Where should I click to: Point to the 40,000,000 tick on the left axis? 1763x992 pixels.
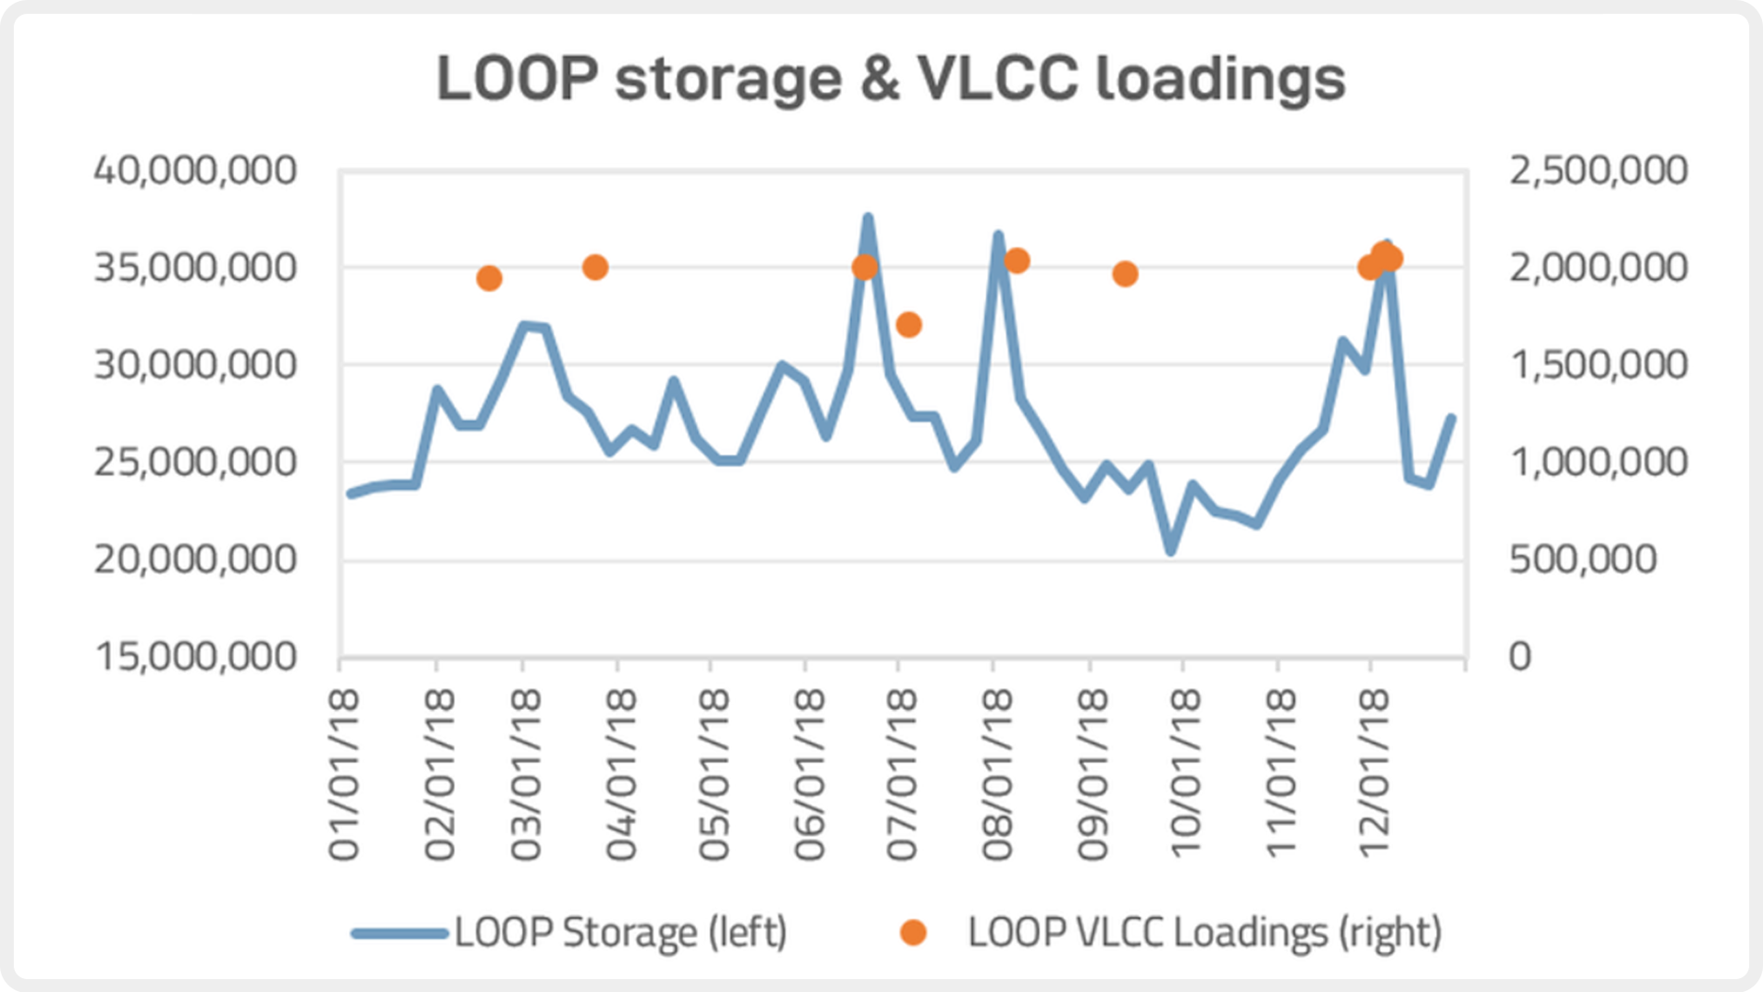click(x=196, y=171)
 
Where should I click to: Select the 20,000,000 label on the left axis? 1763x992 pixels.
click(x=196, y=559)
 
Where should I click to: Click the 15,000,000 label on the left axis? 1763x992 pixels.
click(x=196, y=657)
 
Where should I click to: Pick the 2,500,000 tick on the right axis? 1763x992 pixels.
click(x=1598, y=171)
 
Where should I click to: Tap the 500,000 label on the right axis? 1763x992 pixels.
click(x=1582, y=559)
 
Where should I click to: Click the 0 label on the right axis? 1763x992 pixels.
click(x=1520, y=657)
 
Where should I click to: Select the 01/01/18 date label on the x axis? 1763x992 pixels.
click(x=344, y=776)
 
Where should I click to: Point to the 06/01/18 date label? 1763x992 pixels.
click(x=809, y=776)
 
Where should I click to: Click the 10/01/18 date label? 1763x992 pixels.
click(x=1185, y=776)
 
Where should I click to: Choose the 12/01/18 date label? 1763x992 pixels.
click(x=1374, y=776)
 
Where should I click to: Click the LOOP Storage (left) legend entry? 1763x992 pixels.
click(x=620, y=933)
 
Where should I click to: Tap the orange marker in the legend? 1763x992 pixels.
click(x=913, y=933)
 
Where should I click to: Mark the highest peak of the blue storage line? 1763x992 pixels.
click(x=867, y=219)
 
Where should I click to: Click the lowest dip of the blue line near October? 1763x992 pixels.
click(x=1171, y=551)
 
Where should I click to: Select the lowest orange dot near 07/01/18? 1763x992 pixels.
click(x=908, y=324)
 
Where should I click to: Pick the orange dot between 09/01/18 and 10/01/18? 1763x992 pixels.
click(x=1125, y=274)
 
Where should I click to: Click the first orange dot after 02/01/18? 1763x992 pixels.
click(x=489, y=278)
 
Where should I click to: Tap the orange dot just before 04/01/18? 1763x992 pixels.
click(x=595, y=267)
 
